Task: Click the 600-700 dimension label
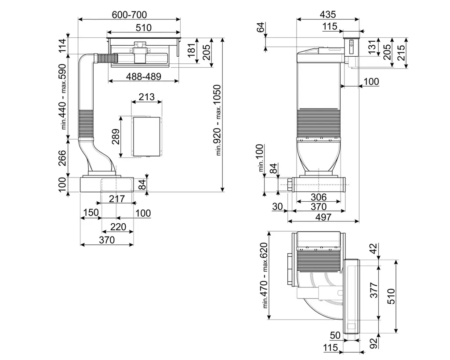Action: pos(129,14)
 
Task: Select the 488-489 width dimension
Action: pos(143,76)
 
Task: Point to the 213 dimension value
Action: pos(147,97)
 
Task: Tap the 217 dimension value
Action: pos(117,199)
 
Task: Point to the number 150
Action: pos(91,213)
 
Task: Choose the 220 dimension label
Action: pos(118,227)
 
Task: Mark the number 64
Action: pos(261,27)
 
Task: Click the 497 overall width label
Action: pos(323,217)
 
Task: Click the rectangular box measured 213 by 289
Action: pos(147,137)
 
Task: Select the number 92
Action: pos(373,342)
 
